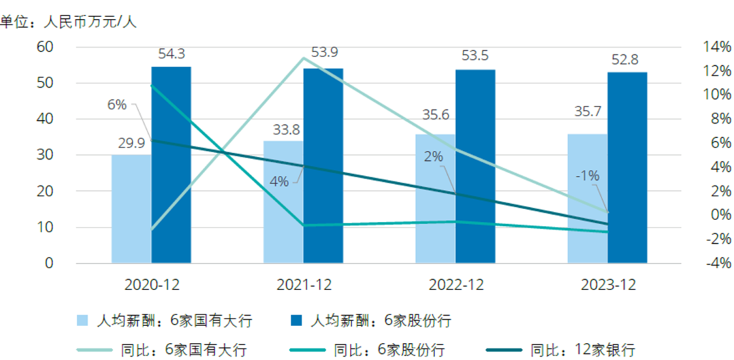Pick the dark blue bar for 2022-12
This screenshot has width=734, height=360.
[476, 166]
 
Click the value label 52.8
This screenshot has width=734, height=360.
[625, 60]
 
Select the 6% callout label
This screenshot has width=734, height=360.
[117, 105]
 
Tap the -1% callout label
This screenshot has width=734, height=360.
[587, 175]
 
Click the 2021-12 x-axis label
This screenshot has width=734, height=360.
[303, 285]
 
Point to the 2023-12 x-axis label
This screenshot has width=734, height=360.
[608, 285]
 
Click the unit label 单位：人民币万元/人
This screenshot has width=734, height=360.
[68, 22]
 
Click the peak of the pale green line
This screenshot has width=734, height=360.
[303, 58]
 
